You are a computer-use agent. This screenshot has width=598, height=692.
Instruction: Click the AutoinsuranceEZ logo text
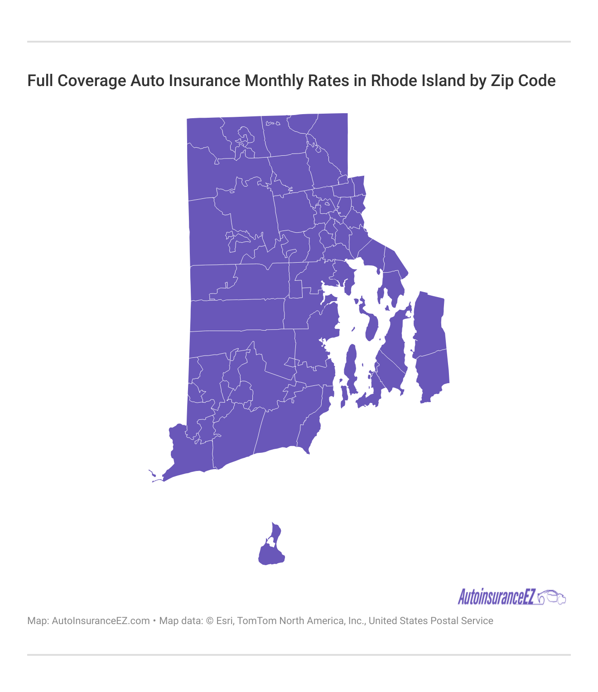point(497,597)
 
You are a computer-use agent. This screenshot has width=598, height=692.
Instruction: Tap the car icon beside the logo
point(552,597)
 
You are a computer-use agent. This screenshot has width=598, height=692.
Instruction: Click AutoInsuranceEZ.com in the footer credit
point(101,621)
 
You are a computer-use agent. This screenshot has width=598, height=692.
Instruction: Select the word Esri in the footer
point(224,621)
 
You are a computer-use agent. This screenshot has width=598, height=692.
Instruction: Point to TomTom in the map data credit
point(256,621)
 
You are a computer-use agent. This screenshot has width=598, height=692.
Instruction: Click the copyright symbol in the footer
point(210,621)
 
